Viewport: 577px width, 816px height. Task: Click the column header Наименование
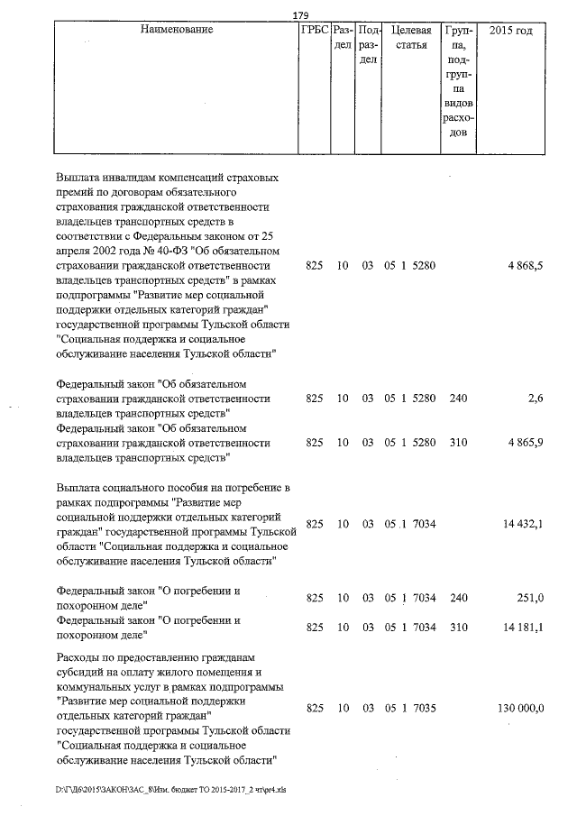point(177,31)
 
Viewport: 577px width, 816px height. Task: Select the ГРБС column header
point(314,31)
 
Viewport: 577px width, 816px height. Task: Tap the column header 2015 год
point(510,31)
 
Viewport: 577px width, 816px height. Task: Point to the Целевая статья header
point(410,38)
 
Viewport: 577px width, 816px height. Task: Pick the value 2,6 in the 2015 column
point(533,398)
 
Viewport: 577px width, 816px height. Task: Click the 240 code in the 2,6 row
point(458,398)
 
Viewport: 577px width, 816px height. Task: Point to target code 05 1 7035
point(410,709)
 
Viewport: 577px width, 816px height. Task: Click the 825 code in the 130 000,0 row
point(315,709)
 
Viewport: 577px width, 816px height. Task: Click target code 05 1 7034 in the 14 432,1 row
point(410,523)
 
